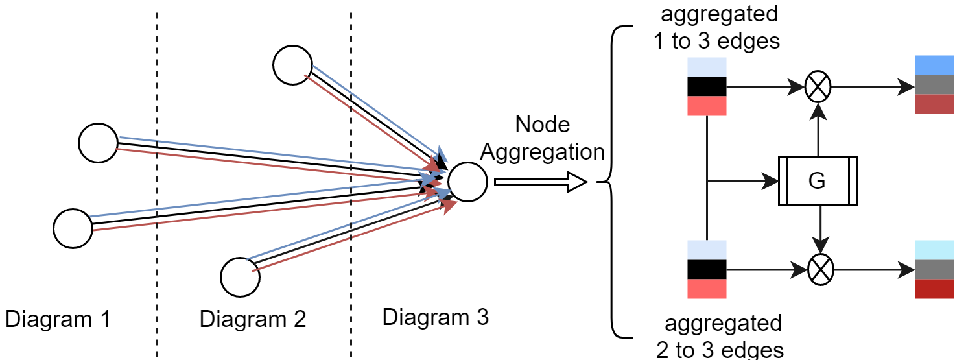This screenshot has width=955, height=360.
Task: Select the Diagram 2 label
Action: (252, 320)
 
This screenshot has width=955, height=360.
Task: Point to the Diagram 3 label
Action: (435, 318)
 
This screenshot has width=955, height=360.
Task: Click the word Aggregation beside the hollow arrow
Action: (543, 152)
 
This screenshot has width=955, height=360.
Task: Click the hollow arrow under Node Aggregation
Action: (540, 183)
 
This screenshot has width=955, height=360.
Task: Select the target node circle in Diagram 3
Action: (467, 182)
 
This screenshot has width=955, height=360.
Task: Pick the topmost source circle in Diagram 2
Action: (292, 65)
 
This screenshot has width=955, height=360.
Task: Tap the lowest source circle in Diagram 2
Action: (240, 277)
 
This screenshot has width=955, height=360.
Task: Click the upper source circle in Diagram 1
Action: (97, 143)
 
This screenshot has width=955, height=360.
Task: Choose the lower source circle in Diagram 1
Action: (73, 229)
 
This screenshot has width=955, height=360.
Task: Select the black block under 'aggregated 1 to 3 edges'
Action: (707, 86)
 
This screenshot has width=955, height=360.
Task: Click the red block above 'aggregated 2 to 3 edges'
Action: (707, 289)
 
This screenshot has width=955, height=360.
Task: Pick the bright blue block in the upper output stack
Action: (934, 65)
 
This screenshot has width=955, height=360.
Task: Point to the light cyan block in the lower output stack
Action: (934, 250)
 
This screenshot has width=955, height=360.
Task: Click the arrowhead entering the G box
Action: (770, 182)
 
